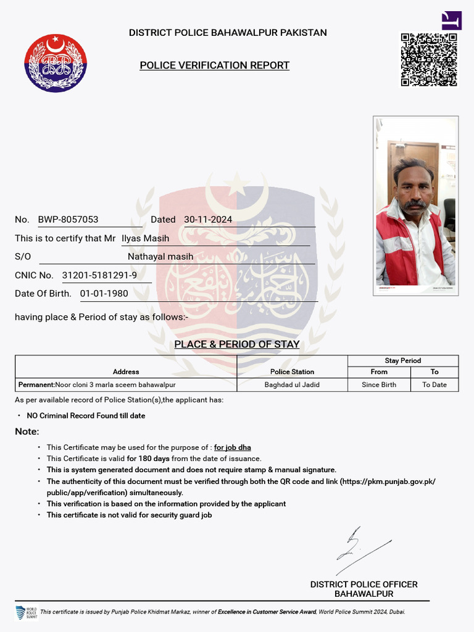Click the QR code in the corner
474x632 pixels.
pyautogui.click(x=429, y=59)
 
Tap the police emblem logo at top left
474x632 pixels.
pyautogui.click(x=56, y=63)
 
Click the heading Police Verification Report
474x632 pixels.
pyautogui.click(x=214, y=65)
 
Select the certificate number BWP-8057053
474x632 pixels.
pyautogui.click(x=68, y=220)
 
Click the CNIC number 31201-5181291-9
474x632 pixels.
pyautogui.click(x=99, y=275)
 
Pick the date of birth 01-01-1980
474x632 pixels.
pyautogui.click(x=104, y=294)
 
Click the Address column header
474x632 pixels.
pyautogui.click(x=126, y=372)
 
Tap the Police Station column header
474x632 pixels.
pyautogui.click(x=292, y=372)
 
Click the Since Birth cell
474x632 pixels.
pyautogui.click(x=379, y=385)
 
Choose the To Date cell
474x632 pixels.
pyautogui.click(x=434, y=385)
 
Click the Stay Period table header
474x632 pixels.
pyautogui.click(x=403, y=360)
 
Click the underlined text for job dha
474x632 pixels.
pyautogui.click(x=233, y=447)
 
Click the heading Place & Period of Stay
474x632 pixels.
pyautogui.click(x=237, y=344)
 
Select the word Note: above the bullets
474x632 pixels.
pyautogui.click(x=27, y=431)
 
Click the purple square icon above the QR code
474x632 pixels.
pyautogui.click(x=451, y=20)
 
